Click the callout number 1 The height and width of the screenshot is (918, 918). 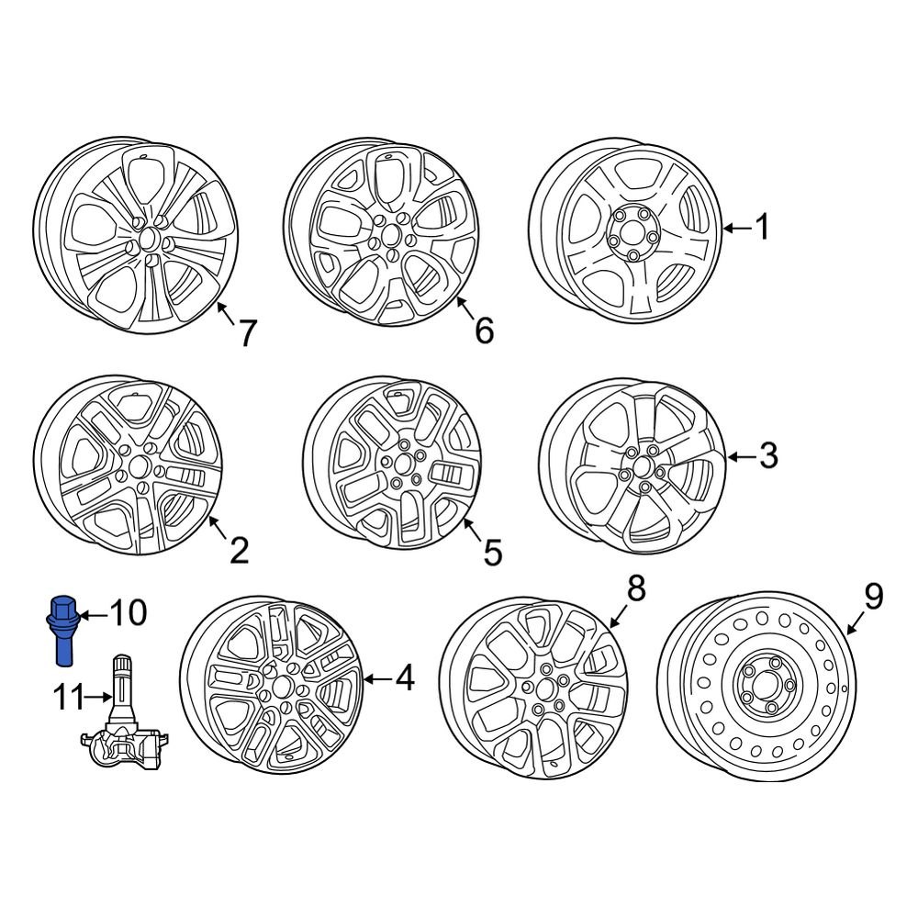pos(761,227)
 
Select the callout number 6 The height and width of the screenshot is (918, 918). pos(484,330)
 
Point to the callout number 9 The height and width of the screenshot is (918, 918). pos(873,597)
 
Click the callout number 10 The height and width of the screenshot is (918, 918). pos(129,612)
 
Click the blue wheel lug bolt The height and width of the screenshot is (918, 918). pos(64,629)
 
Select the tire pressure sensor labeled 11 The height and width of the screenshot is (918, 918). pos(123,725)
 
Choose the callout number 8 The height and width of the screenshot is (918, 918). pos(636,588)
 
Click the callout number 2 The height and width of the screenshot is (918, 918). pos(238,551)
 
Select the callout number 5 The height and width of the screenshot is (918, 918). pos(492,553)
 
